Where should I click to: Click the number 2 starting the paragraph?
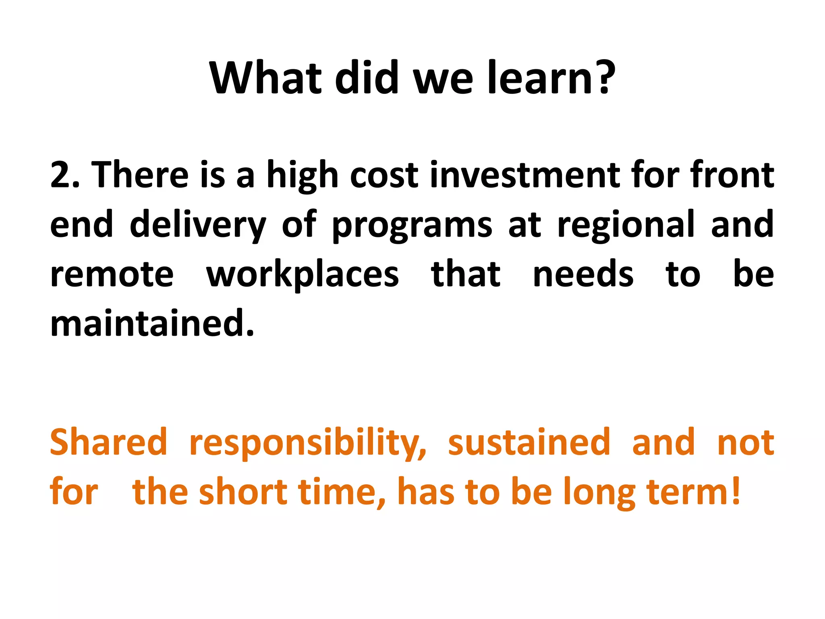60,175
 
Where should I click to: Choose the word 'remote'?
112,275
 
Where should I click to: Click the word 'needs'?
583,274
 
